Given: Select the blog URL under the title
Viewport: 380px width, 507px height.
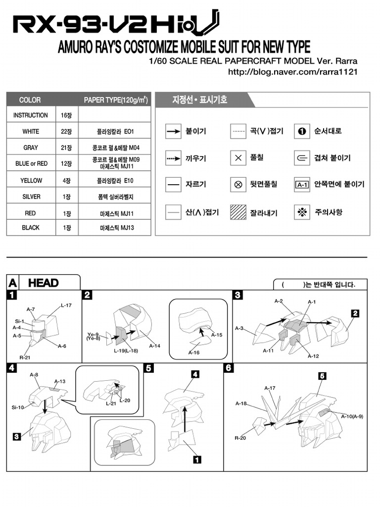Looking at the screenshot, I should pos(292,72).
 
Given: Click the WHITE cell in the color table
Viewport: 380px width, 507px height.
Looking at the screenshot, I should pos(31,132).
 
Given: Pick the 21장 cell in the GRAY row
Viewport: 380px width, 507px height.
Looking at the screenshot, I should pos(66,148).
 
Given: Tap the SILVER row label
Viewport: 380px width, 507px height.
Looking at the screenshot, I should pos(31,197).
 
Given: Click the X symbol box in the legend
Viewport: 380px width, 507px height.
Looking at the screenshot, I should pos(238,158).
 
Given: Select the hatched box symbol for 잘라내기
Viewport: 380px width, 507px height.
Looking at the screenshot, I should pos(238,212).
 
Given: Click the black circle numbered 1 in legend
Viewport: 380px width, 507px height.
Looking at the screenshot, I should pos(301,132).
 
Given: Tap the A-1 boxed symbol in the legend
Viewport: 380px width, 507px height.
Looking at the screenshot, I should pos(302,185).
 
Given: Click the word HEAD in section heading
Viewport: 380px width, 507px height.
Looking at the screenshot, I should pos(44,283).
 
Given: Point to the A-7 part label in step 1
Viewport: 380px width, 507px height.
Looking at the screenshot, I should pos(31,309).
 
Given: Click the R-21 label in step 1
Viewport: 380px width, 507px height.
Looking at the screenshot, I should pos(24,357).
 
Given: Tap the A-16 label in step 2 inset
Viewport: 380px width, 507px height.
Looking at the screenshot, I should pos(193,353).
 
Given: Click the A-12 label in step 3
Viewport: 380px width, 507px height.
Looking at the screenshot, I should pos(313,356).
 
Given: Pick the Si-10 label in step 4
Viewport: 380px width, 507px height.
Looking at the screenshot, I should pos(18,407).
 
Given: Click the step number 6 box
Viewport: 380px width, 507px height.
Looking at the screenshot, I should pos(229,368).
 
